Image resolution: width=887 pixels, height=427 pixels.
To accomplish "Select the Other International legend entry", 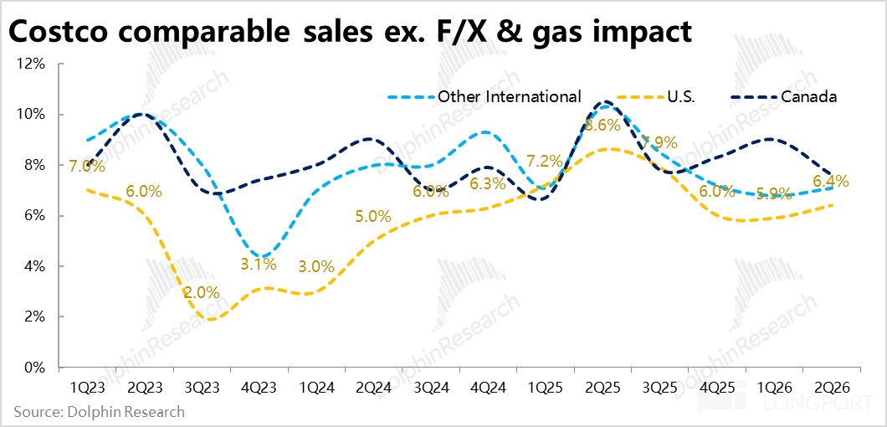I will pyautogui.click(x=509, y=96).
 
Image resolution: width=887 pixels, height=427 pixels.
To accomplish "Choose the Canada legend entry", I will pyautogui.click(x=808, y=96).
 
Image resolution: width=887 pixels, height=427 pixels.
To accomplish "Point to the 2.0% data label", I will pyautogui.click(x=202, y=293).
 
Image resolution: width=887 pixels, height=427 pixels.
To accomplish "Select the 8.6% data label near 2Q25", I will pyautogui.click(x=602, y=126).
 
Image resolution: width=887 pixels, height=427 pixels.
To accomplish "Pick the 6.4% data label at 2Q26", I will pyautogui.click(x=831, y=181).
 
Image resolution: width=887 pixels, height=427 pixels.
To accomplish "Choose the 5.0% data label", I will pyautogui.click(x=373, y=217).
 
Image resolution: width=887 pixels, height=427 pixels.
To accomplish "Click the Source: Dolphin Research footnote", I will pyautogui.click(x=99, y=412).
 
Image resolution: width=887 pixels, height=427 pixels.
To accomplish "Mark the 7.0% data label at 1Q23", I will pyautogui.click(x=87, y=167).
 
